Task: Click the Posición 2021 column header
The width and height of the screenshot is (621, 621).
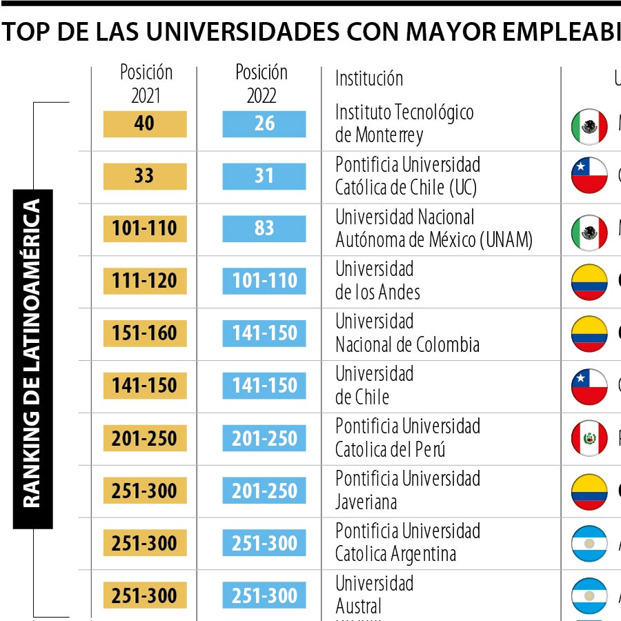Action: (x=145, y=83)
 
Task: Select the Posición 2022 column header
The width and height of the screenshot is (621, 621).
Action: (x=263, y=83)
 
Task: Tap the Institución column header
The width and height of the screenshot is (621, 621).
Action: (x=368, y=79)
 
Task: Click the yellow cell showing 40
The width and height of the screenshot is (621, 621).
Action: (x=145, y=124)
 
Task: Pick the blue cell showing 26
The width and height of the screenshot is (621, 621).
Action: (x=264, y=124)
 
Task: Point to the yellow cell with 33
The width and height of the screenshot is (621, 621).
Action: (x=145, y=177)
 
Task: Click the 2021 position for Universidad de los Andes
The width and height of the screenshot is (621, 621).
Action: (x=145, y=282)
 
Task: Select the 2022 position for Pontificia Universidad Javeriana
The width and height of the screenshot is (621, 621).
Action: (x=264, y=491)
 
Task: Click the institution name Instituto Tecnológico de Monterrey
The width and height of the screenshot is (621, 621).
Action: (x=404, y=124)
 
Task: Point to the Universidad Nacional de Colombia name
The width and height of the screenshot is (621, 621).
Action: (x=407, y=333)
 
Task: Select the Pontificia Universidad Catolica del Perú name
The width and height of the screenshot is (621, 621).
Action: (x=407, y=438)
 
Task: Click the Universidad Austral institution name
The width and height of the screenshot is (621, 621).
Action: (x=374, y=595)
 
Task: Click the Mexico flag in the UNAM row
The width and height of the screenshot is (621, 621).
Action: (x=589, y=233)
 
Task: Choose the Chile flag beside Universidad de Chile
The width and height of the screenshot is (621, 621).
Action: (x=589, y=386)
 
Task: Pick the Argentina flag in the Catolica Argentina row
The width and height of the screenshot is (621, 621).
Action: (x=589, y=544)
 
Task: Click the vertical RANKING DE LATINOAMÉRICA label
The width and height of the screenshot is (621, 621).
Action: (x=32, y=359)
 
